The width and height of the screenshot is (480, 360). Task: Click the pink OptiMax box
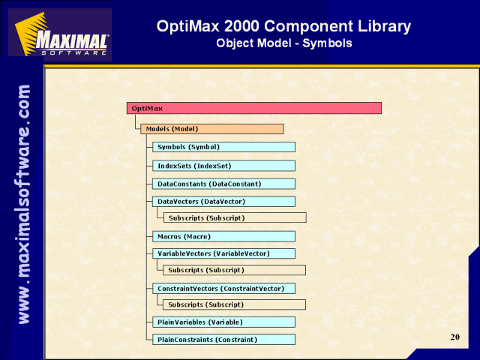[x=254, y=108]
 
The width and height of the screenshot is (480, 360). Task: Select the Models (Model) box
[x=212, y=129]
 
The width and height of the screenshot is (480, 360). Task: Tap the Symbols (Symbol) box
[x=223, y=147]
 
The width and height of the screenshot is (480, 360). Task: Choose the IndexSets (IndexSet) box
[x=223, y=166]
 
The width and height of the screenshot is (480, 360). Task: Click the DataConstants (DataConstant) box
[x=223, y=184]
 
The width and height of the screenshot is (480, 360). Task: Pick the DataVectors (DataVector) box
[x=223, y=202]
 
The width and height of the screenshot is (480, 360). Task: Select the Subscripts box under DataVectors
[x=235, y=217]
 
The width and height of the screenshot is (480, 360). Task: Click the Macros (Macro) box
[x=223, y=237]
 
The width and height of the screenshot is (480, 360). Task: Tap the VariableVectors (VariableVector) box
[x=223, y=253]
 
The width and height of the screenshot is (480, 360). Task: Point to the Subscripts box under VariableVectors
[x=234, y=270]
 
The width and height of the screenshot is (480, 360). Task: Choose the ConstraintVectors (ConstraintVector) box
[x=223, y=288]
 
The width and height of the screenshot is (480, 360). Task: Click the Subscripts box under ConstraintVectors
[x=234, y=304]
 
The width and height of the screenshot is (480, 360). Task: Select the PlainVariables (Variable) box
[x=223, y=322]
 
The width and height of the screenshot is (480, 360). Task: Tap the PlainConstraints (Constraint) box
[x=223, y=340]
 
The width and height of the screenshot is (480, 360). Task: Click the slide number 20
[x=455, y=337]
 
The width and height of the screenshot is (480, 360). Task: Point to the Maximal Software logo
[x=60, y=34]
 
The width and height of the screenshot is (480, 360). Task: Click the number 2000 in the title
[x=241, y=26]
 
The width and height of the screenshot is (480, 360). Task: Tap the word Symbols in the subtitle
[x=327, y=43]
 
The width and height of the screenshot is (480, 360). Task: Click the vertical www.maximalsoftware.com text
[x=24, y=204]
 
